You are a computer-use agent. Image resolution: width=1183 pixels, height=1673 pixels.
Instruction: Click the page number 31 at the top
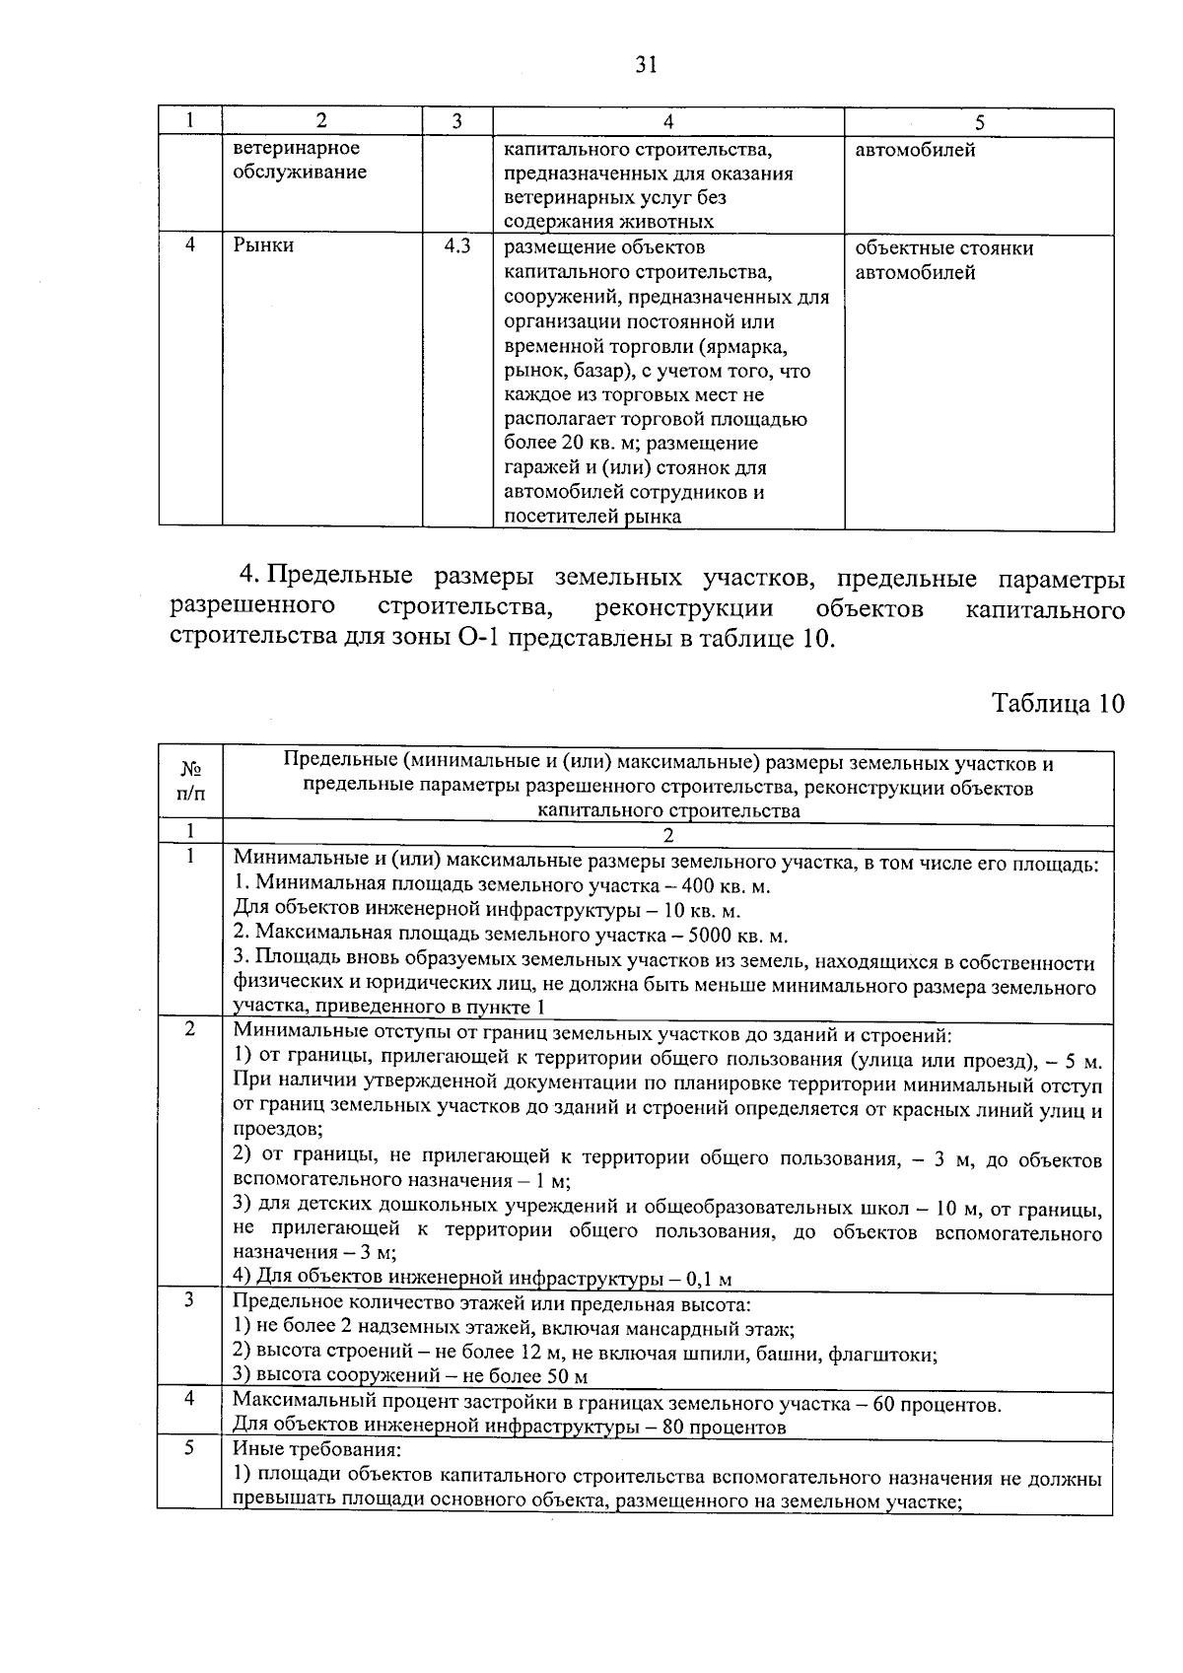[646, 66]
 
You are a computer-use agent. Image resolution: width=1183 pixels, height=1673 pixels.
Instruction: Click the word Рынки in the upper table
[263, 246]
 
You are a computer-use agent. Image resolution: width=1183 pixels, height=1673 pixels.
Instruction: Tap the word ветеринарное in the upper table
[296, 149]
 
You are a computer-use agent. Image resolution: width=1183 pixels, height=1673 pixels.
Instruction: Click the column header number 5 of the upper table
[979, 122]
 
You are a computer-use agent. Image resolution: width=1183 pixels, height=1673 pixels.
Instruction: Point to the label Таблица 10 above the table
[1057, 704]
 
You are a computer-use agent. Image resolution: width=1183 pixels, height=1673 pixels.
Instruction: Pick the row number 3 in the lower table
[189, 1301]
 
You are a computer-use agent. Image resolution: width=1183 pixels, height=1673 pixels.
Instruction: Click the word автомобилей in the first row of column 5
[915, 151]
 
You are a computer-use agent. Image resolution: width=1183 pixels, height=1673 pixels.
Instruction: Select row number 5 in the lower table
[189, 1448]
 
